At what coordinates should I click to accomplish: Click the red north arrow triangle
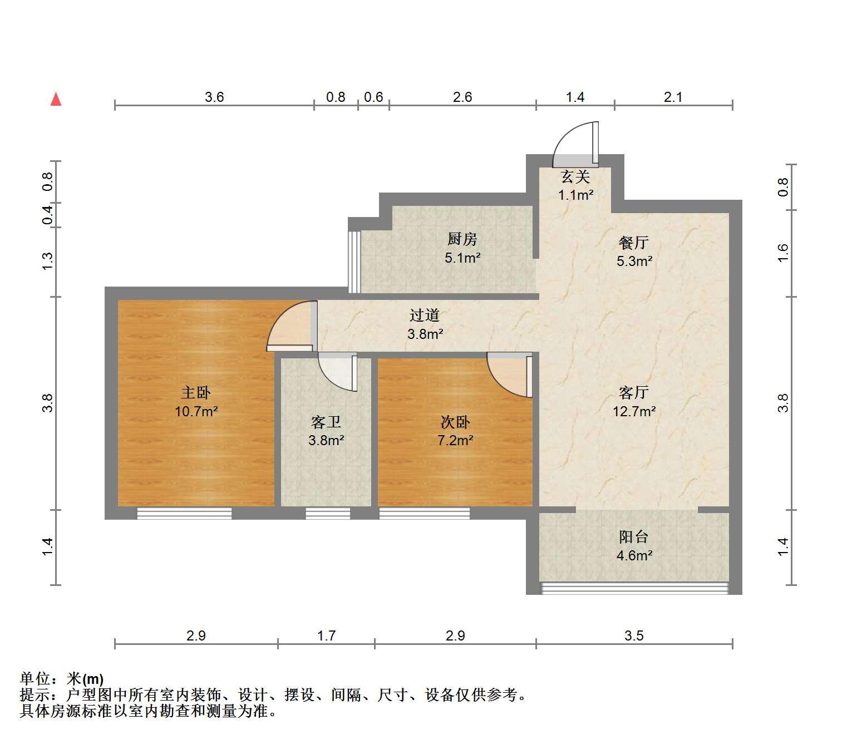[x=56, y=100]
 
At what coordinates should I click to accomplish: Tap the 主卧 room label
[x=196, y=393]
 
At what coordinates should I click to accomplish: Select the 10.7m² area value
[x=196, y=412]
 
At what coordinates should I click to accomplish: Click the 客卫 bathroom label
[x=326, y=422]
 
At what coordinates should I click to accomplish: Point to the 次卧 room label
[x=455, y=422]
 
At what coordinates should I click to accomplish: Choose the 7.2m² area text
[x=455, y=441]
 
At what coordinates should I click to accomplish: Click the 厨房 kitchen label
[x=462, y=239]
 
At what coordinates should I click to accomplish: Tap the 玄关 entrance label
[x=575, y=177]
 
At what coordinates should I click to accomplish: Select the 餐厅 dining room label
[x=634, y=243]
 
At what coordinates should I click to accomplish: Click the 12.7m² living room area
[x=634, y=412]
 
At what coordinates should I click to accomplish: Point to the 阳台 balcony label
[x=634, y=537]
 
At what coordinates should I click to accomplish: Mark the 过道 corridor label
[x=425, y=315]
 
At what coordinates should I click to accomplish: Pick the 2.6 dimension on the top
[x=462, y=97]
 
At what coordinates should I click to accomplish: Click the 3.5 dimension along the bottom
[x=634, y=635]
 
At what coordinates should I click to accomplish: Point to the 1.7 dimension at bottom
[x=326, y=635]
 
